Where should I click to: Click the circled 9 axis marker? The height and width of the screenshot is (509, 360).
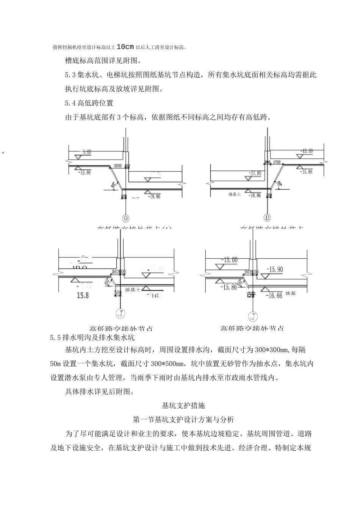pos(125,218)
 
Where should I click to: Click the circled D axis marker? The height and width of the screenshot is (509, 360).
pos(268,218)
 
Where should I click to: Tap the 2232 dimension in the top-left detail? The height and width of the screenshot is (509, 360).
pos(117,166)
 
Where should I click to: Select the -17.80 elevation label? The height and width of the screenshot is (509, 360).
pos(255,173)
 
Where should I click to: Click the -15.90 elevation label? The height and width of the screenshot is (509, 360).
pos(274,269)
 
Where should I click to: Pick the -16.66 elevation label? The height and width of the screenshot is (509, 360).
pos(274,295)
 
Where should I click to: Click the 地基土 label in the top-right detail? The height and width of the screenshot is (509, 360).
pos(235,195)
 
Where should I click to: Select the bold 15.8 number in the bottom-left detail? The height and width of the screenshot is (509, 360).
pos(82,295)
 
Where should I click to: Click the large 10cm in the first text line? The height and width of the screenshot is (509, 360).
pos(125,47)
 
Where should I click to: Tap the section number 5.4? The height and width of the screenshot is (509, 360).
pos(71,103)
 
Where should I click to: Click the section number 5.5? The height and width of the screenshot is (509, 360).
pos(56,337)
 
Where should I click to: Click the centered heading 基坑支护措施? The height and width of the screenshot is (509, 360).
pos(183,405)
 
